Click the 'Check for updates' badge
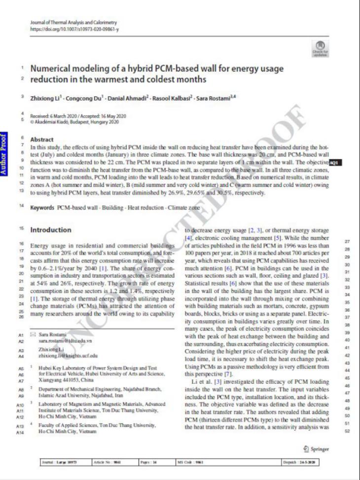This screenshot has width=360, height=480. click(317, 48)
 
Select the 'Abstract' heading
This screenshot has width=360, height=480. click(42, 140)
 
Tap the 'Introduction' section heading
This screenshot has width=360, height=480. click(50, 230)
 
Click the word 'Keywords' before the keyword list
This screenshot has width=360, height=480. click(42, 208)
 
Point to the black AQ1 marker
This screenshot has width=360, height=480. click(335, 162)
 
